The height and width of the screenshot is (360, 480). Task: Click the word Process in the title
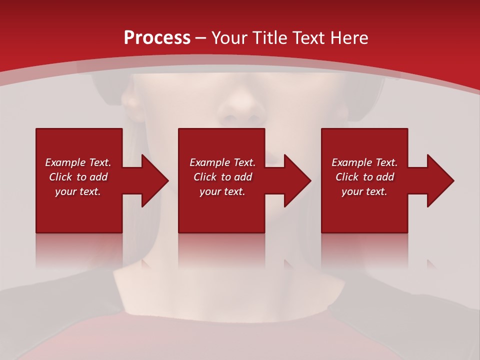(157, 38)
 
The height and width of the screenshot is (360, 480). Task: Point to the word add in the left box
(98, 177)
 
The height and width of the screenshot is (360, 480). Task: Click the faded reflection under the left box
(79, 250)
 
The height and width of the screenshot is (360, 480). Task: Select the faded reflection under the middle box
(221, 250)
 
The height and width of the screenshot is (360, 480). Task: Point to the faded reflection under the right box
(364, 250)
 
